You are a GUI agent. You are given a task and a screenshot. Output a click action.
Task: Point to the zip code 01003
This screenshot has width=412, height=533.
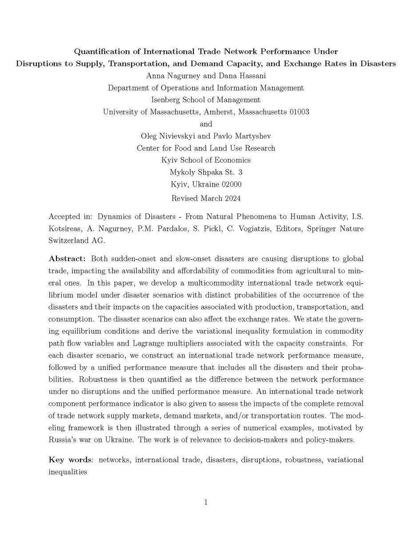pyautogui.click(x=296, y=111)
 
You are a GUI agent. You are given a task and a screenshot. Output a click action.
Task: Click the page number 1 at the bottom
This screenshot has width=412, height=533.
pyautogui.click(x=206, y=502)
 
